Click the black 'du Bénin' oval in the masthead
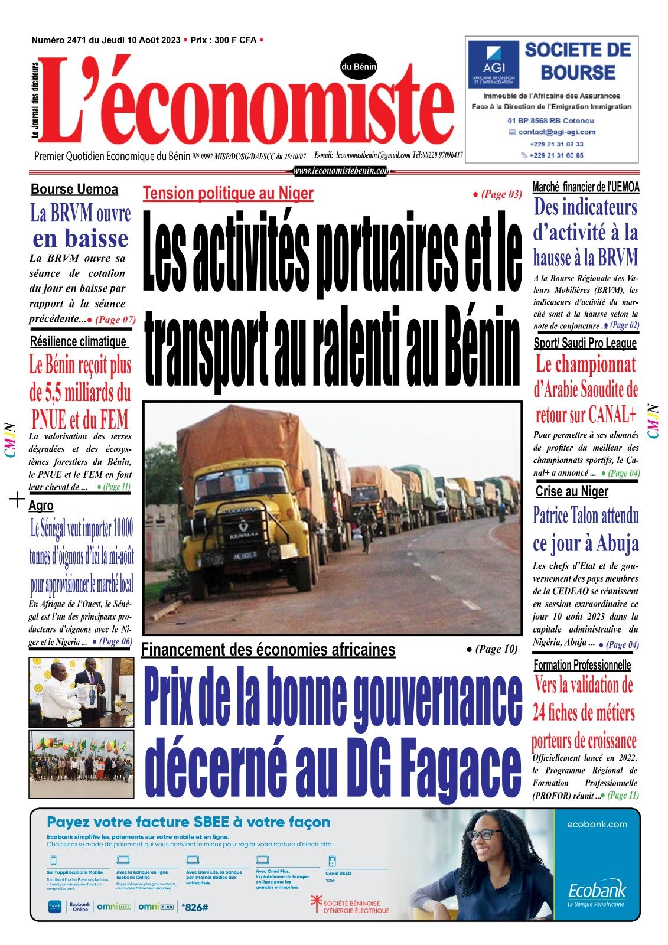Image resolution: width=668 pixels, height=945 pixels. [x=359, y=67]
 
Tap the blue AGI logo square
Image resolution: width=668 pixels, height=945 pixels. [x=493, y=64]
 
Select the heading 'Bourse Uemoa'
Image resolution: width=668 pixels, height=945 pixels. [x=74, y=190]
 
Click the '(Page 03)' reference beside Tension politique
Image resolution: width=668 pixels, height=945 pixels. [x=497, y=194]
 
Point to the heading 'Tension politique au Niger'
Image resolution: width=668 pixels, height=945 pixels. [x=228, y=194]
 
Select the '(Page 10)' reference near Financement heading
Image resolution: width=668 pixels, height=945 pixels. [x=492, y=649]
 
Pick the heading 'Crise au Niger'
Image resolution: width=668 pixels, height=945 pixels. [x=571, y=491]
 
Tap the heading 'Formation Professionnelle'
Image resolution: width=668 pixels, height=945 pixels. [x=582, y=665]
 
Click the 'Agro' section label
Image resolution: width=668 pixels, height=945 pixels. [x=41, y=506]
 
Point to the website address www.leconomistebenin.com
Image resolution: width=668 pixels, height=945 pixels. [x=341, y=171]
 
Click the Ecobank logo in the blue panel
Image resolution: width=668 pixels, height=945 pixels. [x=597, y=891]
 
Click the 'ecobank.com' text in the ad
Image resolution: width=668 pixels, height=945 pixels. [x=597, y=825]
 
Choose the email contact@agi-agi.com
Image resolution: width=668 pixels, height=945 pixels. [x=556, y=132]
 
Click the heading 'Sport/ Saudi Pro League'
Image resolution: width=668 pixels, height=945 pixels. [x=585, y=343]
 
